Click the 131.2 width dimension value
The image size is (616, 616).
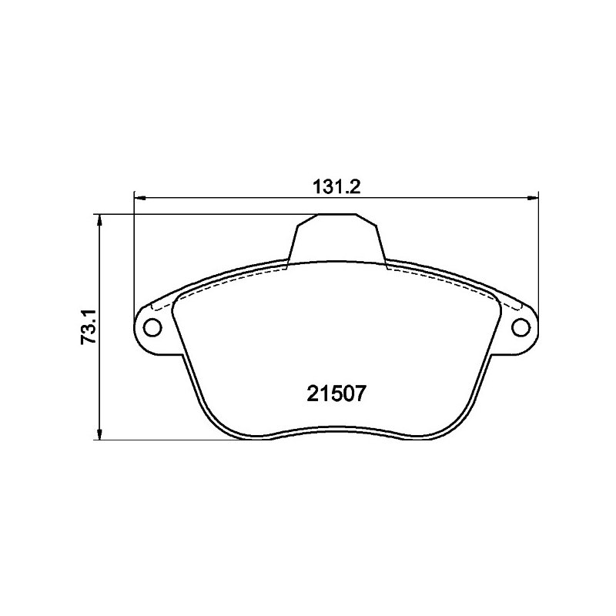[336, 186]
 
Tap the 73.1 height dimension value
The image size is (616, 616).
[89, 326]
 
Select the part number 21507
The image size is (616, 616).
[336, 393]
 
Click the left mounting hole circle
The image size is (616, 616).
[152, 326]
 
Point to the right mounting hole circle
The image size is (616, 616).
[521, 326]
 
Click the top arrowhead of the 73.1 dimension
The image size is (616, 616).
[100, 220]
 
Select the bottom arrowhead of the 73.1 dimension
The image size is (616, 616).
[100, 434]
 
